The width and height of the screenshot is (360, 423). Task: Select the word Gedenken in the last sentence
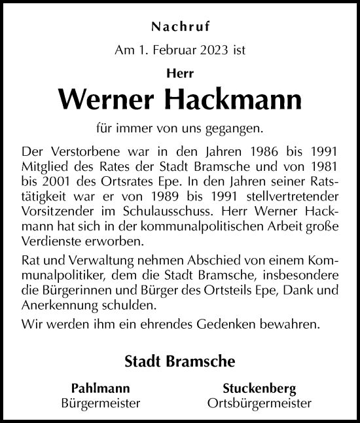[x=229, y=324]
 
